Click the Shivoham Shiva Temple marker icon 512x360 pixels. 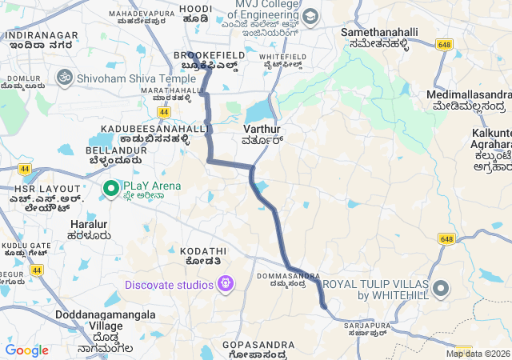coord(65,78)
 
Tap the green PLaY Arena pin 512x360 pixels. coord(111,189)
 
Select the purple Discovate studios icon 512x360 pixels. coord(226,283)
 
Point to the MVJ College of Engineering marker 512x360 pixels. coord(310,17)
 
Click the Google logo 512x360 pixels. coord(27,350)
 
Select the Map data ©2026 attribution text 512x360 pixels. coord(478,354)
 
